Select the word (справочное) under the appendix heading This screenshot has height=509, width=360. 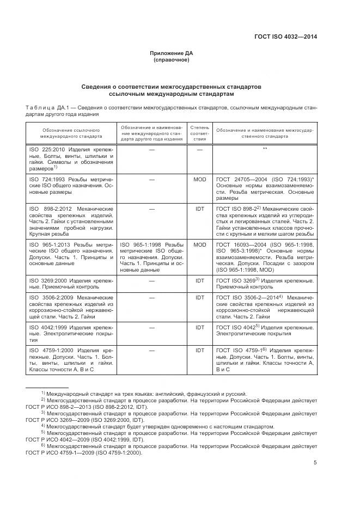coord(172,60)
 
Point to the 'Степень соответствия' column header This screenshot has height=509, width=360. coord(199,134)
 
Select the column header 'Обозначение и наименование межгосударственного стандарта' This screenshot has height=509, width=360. coord(265,134)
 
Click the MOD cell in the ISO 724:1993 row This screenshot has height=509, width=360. coord(199,179)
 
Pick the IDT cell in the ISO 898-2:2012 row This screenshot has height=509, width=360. coord(199,208)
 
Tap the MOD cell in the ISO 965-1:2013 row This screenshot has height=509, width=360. coord(199,245)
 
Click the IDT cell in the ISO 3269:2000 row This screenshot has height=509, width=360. coord(199,280)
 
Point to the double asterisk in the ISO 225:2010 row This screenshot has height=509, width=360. coord(265,149)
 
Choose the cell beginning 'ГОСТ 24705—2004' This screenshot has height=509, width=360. coord(265,188)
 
